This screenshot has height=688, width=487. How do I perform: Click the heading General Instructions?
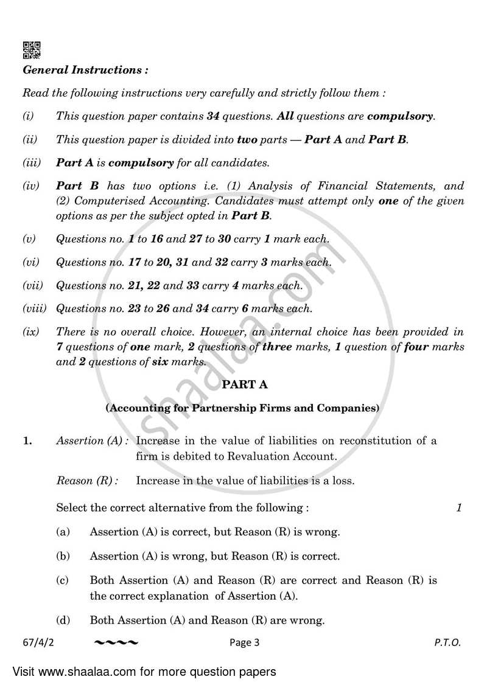(x=85, y=70)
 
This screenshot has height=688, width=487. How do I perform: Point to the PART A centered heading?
(x=244, y=384)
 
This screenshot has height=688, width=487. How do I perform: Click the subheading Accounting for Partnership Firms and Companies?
(x=242, y=408)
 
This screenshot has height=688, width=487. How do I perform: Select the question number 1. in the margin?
(x=27, y=441)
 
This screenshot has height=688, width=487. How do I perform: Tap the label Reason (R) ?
(x=87, y=481)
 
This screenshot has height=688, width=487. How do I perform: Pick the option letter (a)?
(x=63, y=532)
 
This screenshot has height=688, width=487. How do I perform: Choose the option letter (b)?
(x=63, y=556)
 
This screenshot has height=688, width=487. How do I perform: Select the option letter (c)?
(x=63, y=580)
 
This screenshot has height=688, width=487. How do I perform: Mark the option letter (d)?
(x=63, y=620)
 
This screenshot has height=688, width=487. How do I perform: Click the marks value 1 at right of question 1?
(x=459, y=507)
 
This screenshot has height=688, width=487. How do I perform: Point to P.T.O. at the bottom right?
(x=447, y=642)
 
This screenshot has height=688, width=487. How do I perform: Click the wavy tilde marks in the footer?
(x=116, y=642)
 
